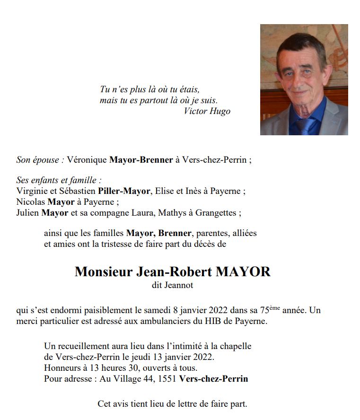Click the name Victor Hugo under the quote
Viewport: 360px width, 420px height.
[x=207, y=112]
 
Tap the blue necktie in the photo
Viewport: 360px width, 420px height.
[x=306, y=125]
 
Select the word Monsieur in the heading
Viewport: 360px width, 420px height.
[x=104, y=272]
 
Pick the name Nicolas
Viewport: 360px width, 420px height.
[x=29, y=202]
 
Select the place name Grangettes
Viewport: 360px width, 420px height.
[x=215, y=213]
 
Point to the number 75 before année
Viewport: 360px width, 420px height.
[x=264, y=311]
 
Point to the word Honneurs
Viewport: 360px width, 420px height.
[x=61, y=368]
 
